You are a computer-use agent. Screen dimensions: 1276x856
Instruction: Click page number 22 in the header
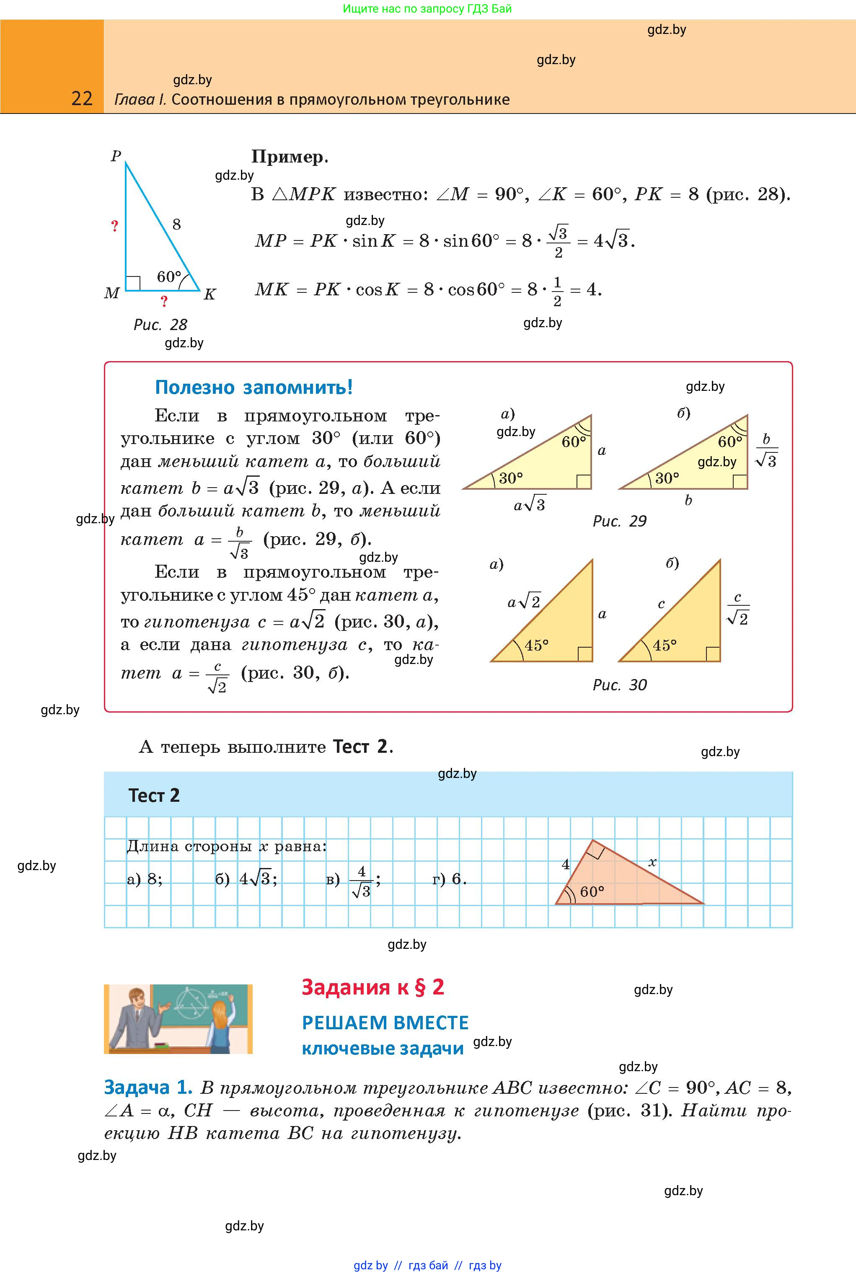[82, 98]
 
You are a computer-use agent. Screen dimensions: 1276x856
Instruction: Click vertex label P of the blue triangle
[116, 156]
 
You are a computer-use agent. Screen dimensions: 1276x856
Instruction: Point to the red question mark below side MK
[164, 301]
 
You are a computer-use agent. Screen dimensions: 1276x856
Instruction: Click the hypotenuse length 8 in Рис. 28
[176, 224]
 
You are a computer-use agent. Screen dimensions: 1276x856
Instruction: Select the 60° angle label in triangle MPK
[169, 277]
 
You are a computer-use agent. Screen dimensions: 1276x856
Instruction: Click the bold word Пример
[289, 157]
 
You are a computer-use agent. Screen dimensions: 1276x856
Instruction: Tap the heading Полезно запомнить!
[254, 387]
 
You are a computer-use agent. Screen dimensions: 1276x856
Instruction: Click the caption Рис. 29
[619, 521]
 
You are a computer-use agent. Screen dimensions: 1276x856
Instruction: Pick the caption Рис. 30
[619, 685]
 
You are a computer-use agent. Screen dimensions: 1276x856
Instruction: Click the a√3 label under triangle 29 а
[530, 505]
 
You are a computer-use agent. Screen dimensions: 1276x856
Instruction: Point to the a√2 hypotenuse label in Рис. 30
[524, 602]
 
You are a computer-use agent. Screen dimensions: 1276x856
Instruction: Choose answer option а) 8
[145, 879]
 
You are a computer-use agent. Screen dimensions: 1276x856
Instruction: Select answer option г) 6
[449, 879]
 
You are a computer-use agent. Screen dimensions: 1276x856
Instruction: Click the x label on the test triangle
[652, 862]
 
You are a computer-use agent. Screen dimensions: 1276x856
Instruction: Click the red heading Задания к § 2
[373, 987]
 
